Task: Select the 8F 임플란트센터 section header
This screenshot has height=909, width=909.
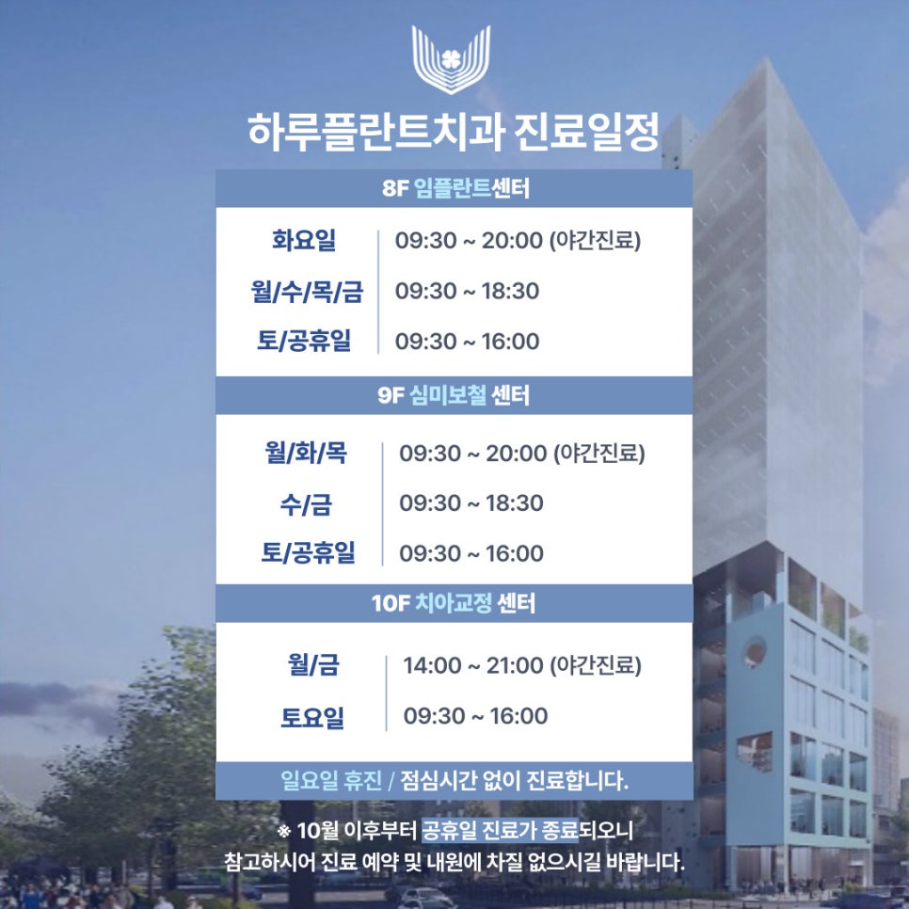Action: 455,189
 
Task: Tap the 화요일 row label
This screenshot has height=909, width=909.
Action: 304,241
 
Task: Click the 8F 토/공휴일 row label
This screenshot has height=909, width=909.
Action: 305,342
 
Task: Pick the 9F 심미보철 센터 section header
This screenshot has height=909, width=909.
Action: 454,396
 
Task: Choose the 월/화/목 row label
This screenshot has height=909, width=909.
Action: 306,454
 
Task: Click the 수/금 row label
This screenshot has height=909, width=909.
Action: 306,504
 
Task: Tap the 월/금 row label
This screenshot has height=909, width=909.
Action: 313,666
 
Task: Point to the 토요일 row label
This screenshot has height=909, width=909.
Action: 312,718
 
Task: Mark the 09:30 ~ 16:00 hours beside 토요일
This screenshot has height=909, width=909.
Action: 475,717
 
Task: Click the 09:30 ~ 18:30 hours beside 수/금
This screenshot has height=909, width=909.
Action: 471,504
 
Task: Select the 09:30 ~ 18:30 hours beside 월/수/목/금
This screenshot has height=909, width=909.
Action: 468,292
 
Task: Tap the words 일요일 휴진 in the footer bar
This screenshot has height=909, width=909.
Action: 335,781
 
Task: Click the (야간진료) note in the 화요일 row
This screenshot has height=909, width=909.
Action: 596,241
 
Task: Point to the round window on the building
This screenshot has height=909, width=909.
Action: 755,651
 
